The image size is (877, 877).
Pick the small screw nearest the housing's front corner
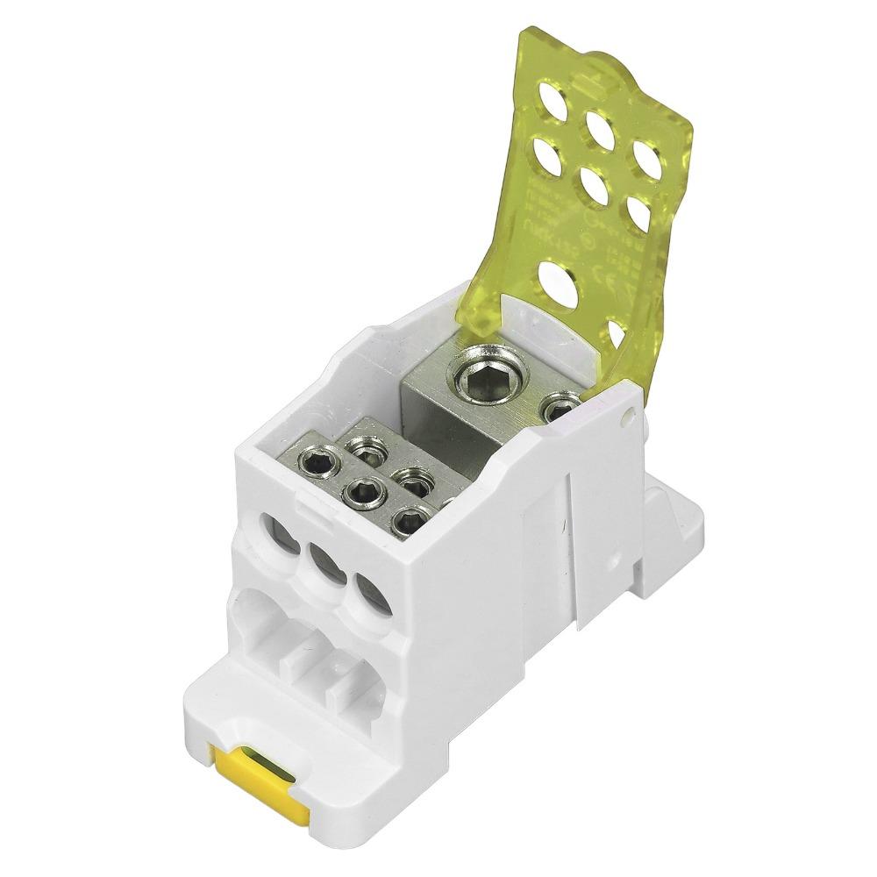408,522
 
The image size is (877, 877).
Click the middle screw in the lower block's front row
362,494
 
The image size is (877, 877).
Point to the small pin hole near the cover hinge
625,420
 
